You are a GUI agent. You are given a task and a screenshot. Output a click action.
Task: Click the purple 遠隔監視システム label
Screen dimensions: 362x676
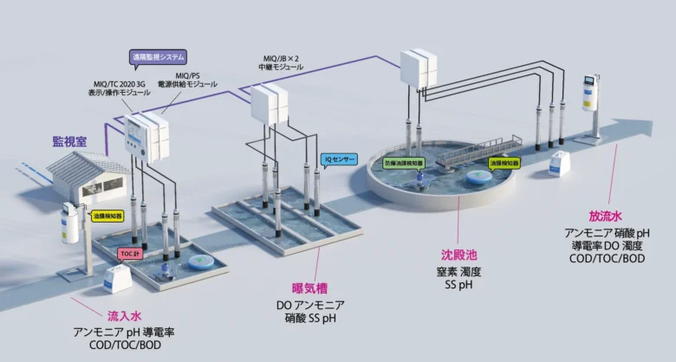[x=158, y=57]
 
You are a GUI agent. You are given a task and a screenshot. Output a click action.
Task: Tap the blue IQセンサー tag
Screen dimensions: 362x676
[x=339, y=159]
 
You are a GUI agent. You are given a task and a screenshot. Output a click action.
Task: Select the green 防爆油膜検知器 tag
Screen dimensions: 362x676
[x=405, y=162]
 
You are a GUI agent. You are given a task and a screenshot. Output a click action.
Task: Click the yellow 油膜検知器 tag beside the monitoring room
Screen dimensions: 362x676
[x=107, y=215]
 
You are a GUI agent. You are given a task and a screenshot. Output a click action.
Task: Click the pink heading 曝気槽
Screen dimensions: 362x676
[x=309, y=288]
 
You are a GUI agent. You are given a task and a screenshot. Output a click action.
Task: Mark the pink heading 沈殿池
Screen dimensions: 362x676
[x=459, y=255]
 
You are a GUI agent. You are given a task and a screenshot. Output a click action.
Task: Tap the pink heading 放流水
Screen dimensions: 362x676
[x=606, y=215]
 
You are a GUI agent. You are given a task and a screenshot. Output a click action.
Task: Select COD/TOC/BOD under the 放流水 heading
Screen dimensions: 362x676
[x=606, y=258]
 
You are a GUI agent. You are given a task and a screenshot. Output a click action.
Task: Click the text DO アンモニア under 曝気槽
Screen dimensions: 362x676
[x=309, y=305]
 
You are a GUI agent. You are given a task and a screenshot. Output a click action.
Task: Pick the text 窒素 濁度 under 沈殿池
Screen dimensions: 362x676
[x=458, y=272]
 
